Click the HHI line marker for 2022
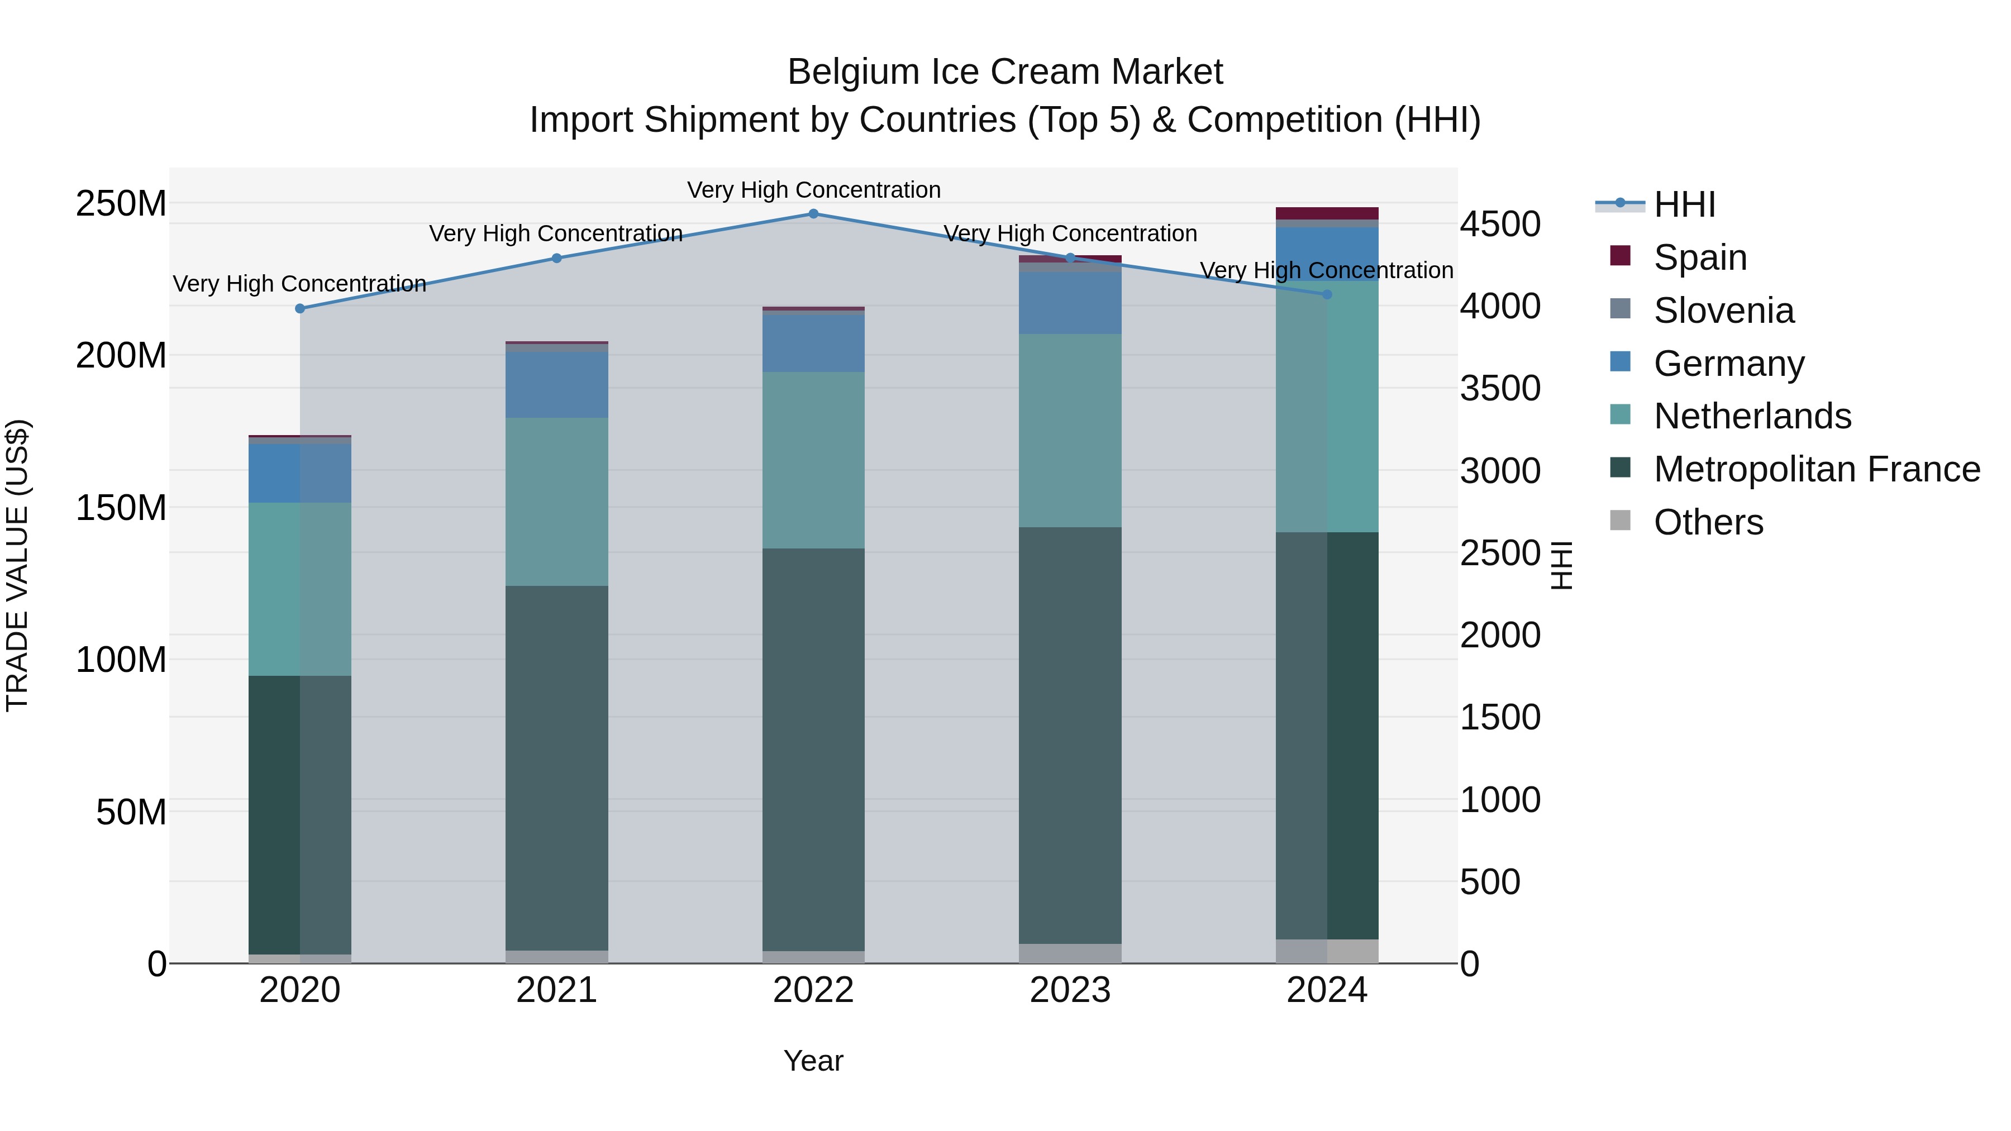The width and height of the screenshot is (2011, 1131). click(x=813, y=214)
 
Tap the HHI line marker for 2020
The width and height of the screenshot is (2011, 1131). click(x=300, y=308)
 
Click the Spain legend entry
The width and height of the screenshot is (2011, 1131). click(x=1699, y=257)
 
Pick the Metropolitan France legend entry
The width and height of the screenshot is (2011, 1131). click(x=1816, y=469)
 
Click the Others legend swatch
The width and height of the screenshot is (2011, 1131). click(x=1620, y=521)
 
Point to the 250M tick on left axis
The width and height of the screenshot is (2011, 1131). click(x=121, y=204)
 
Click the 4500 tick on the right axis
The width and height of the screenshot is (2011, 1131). click(x=1500, y=224)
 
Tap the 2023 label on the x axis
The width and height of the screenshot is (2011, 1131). click(x=1070, y=990)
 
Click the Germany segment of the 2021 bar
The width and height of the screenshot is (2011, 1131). click(x=556, y=385)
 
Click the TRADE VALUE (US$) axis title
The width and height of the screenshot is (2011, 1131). click(x=17, y=565)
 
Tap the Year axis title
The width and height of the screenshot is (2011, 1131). click(x=813, y=1061)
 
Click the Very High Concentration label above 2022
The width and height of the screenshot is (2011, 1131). click(x=813, y=190)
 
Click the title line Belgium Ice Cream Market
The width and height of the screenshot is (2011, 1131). click(x=1005, y=72)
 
